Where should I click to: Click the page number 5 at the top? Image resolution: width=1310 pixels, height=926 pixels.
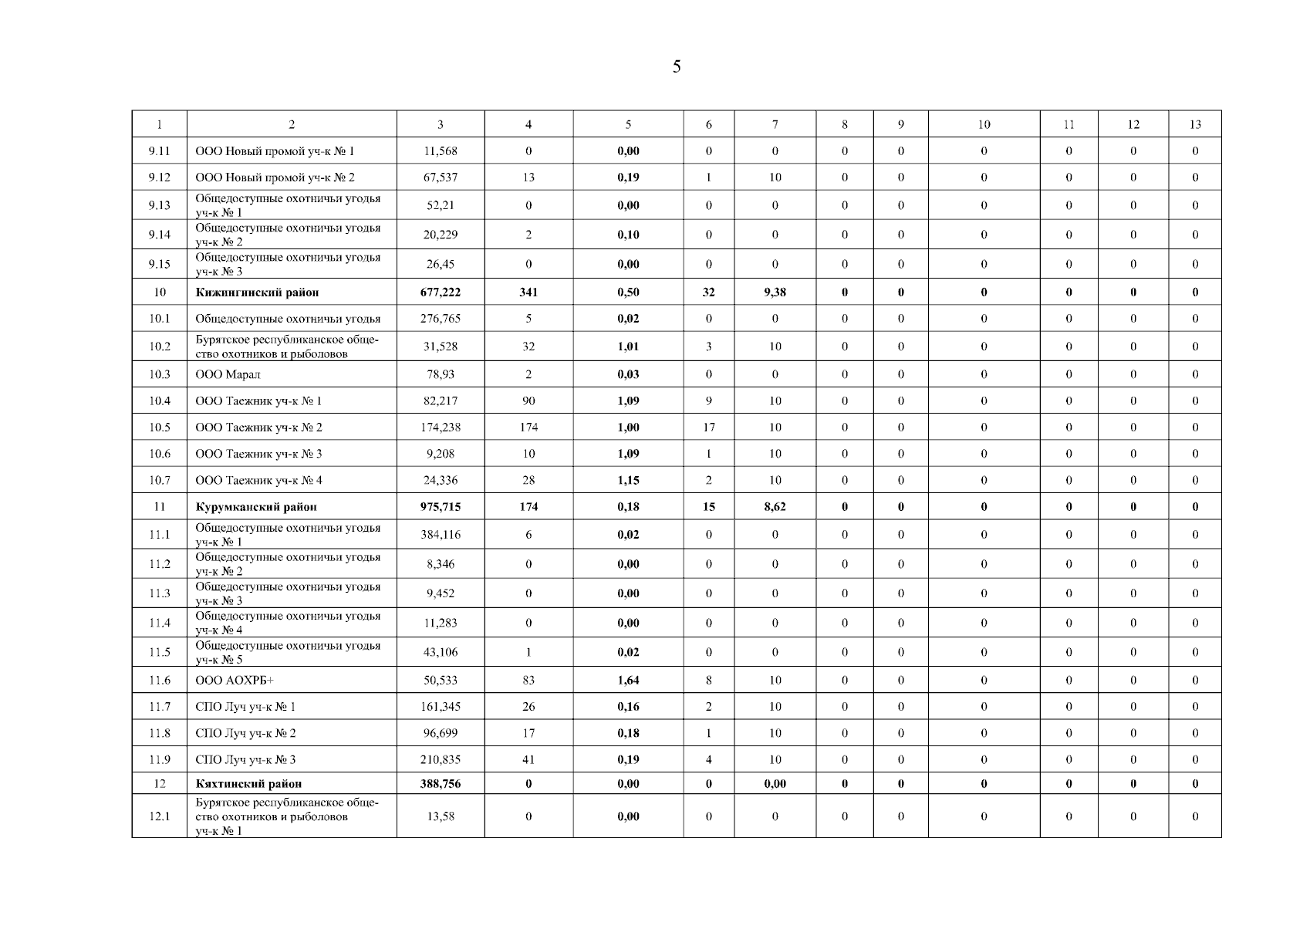pyautogui.click(x=677, y=67)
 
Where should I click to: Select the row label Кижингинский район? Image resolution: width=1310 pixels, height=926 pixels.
pyautogui.click(x=257, y=292)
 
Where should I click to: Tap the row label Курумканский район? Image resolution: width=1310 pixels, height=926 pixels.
pyautogui.click(x=256, y=507)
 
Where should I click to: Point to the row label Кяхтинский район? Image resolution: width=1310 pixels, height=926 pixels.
pyautogui.click(x=248, y=784)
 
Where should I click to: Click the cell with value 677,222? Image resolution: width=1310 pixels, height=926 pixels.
pyautogui.click(x=441, y=292)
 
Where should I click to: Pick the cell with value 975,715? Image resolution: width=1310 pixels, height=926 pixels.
pyautogui.click(x=441, y=507)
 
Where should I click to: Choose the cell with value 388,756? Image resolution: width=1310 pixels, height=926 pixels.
pyautogui.click(x=441, y=784)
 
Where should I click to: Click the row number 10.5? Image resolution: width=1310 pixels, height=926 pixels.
pyautogui.click(x=160, y=428)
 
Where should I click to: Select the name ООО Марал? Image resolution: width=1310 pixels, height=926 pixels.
pyautogui.click(x=228, y=375)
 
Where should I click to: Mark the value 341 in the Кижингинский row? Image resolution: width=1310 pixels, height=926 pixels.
pyautogui.click(x=528, y=292)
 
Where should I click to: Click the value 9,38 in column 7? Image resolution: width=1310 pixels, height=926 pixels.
pyautogui.click(x=775, y=292)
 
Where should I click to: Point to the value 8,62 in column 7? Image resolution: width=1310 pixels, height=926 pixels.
pyautogui.click(x=775, y=507)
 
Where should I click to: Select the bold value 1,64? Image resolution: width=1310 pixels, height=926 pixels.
pyautogui.click(x=628, y=681)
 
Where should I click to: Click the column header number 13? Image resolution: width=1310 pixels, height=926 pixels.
pyautogui.click(x=1195, y=125)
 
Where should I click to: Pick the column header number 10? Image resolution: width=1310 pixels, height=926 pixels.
pyautogui.click(x=984, y=125)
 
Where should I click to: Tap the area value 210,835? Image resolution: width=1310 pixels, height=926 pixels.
pyautogui.click(x=441, y=760)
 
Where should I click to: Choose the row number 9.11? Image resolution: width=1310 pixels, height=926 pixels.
pyautogui.click(x=160, y=151)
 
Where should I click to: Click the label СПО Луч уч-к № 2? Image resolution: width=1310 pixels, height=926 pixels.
pyautogui.click(x=245, y=734)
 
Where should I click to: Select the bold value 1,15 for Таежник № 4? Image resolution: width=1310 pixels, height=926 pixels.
pyautogui.click(x=628, y=481)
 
